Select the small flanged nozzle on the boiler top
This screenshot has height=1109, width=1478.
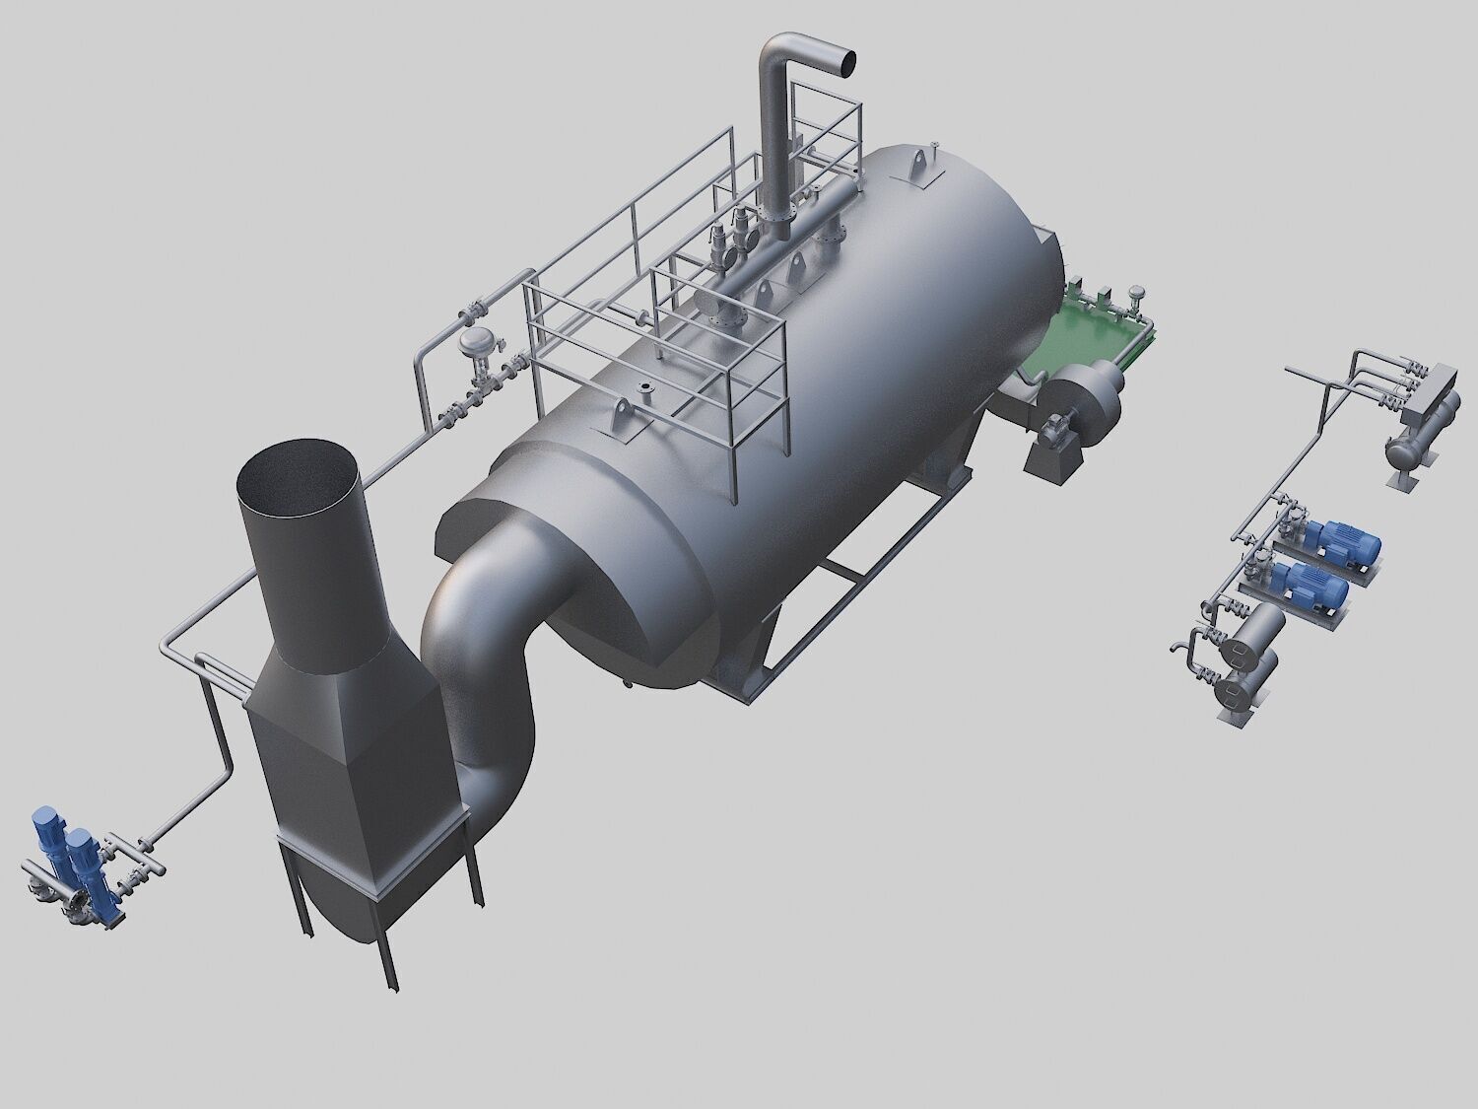pyautogui.click(x=645, y=390)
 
